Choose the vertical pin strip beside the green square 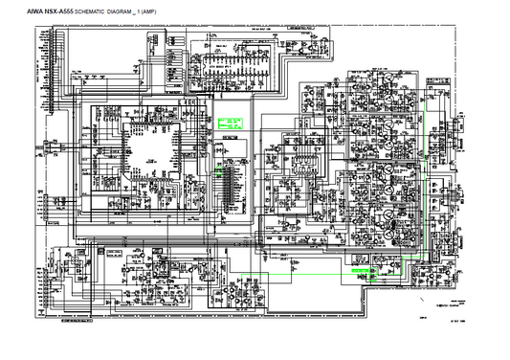point(229,182)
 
